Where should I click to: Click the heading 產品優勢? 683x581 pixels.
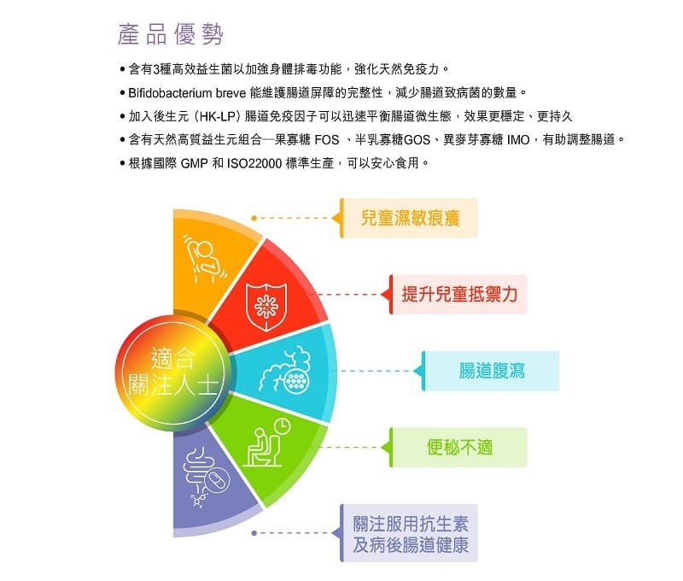[171, 34]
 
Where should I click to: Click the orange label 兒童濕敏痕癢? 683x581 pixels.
[410, 218]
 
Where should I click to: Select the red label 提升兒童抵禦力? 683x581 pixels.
[459, 294]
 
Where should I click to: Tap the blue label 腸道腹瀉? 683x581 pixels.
[492, 371]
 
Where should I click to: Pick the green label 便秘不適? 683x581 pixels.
[459, 448]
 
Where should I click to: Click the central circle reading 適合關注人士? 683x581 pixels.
[173, 373]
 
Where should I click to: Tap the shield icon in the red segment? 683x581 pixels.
[266, 307]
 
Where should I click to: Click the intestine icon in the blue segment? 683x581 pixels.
[285, 369]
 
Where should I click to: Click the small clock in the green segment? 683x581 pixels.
[283, 425]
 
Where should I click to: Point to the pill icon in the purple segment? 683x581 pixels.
[217, 479]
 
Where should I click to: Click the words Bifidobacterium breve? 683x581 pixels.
[187, 93]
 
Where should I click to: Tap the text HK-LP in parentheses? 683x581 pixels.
[218, 116]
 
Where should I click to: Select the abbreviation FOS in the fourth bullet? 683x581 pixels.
[327, 140]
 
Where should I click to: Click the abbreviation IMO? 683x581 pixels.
[518, 140]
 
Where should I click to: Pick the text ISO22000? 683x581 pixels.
[254, 163]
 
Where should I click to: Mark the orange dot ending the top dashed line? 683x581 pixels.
[254, 218]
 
